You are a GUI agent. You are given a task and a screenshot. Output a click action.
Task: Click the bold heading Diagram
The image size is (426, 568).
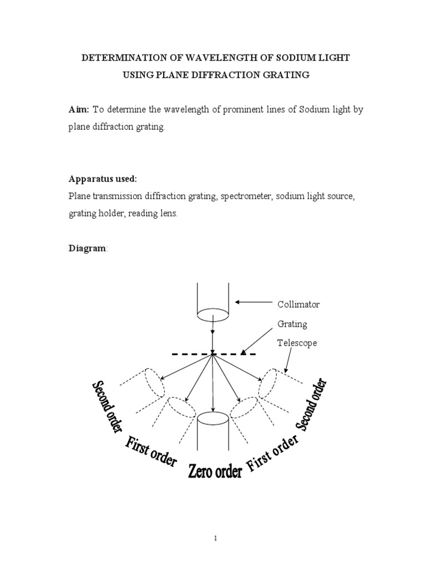[87, 248]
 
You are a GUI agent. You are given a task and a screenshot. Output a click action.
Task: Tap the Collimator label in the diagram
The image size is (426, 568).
[298, 305]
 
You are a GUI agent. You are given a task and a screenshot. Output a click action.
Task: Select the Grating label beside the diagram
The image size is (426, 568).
[292, 323]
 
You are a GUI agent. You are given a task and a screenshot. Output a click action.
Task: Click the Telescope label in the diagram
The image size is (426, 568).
[297, 343]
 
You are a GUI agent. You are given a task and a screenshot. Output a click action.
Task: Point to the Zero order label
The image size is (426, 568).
[215, 472]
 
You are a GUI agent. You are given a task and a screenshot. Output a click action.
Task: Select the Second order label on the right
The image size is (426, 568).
[315, 404]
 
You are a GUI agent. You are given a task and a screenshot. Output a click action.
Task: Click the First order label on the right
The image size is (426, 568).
[272, 453]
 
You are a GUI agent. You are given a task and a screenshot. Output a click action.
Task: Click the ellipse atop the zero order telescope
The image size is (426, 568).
[214, 418]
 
